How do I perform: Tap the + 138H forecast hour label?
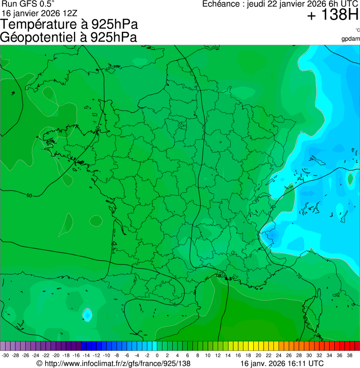[x=332, y=16]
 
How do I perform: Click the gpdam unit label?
[x=351, y=39]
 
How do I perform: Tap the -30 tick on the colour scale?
[x=5, y=355]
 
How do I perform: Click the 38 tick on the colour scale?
[x=350, y=355]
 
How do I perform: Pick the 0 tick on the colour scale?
[x=157, y=355]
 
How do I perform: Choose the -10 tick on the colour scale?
[x=106, y=355]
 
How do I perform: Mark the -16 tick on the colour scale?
[x=76, y=355]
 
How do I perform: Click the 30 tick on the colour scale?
[x=309, y=355]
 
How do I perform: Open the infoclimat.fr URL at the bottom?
[x=117, y=363]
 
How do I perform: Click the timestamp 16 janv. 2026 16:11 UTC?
[x=281, y=363]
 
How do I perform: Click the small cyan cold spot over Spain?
[x=87, y=314]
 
